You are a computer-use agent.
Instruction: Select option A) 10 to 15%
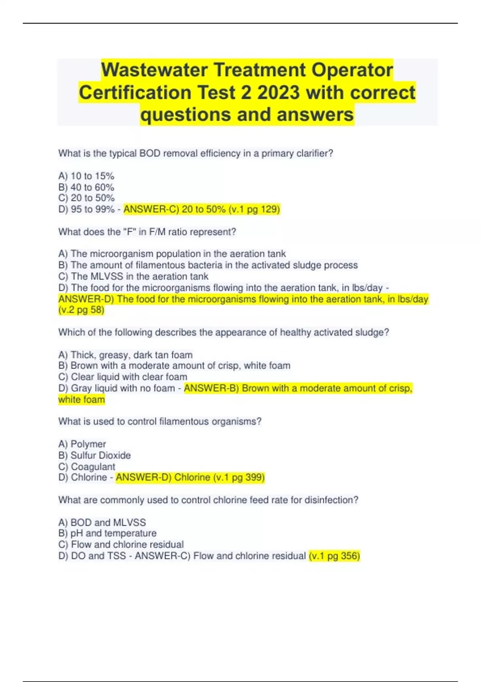coord(86,176)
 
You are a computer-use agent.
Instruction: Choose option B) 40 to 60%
coord(86,187)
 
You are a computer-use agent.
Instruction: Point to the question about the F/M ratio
coord(147,232)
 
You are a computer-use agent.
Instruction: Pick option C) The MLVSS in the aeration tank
coord(133,276)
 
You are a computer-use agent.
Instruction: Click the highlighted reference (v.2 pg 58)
coord(81,310)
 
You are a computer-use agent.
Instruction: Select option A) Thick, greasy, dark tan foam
coord(125,355)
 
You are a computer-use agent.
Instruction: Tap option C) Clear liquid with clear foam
coord(123,377)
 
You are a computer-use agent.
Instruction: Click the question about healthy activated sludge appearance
coord(224,332)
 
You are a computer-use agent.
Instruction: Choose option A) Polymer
coord(82,444)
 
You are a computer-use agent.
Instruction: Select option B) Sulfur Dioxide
coord(95,455)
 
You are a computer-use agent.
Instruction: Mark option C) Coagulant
coord(87,467)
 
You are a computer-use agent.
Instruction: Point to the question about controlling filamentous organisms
coord(160,422)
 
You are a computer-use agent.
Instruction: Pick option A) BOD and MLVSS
coord(102,522)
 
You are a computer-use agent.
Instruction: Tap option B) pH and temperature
coord(107,533)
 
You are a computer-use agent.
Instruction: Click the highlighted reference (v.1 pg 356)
coord(334,556)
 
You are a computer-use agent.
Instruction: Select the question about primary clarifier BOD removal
coord(196,153)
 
